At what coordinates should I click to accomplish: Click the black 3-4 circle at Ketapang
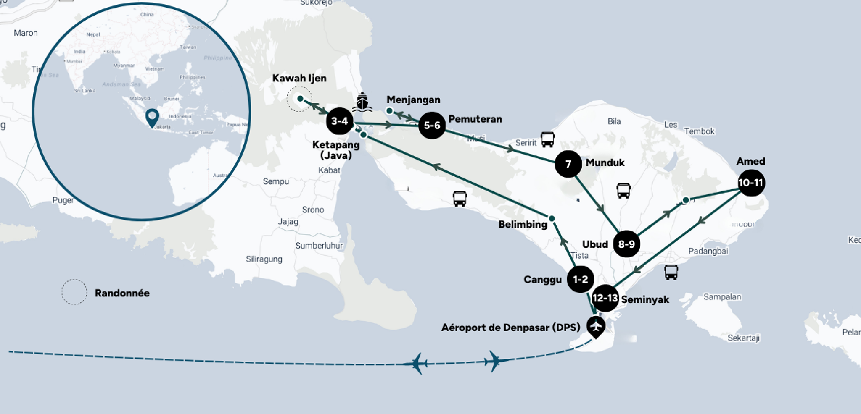point(339,121)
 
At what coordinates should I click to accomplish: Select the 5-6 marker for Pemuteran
point(432,125)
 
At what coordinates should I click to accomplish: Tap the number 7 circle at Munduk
point(568,164)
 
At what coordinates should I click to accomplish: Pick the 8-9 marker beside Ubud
point(626,244)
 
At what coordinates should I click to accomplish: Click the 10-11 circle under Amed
point(751,183)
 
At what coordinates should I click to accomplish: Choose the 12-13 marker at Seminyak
point(605,298)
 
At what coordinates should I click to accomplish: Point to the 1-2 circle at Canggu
point(580,279)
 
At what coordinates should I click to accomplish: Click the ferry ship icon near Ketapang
point(362,102)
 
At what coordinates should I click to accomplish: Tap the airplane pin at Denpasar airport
point(596,326)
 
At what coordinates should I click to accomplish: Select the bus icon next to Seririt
point(547,139)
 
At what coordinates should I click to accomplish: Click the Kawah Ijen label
point(299,78)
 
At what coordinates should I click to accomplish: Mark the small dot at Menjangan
point(389,111)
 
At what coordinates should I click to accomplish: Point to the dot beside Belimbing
point(552,218)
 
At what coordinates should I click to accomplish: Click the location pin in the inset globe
point(152,117)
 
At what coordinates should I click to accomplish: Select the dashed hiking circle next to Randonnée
point(74,292)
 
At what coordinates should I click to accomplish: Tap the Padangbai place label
point(708,251)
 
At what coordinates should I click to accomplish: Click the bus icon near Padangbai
point(671,272)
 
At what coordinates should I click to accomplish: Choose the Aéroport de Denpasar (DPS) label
point(510,328)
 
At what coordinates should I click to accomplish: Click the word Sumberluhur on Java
point(319,246)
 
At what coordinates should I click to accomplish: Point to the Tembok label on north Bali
point(699,131)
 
